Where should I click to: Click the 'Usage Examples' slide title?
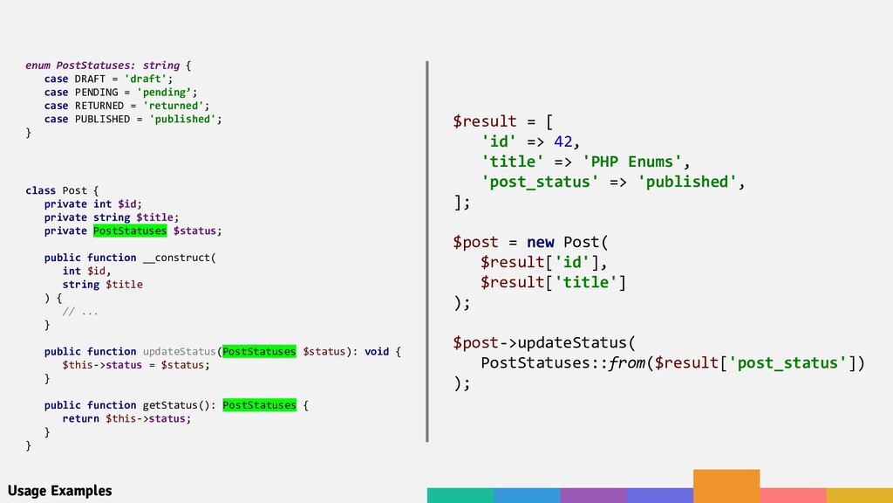click(59, 491)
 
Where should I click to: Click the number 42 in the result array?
click(563, 141)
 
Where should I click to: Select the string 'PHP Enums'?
click(632, 162)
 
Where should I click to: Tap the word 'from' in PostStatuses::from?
click(629, 362)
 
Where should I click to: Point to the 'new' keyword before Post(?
click(540, 242)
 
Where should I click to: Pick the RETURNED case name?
click(99, 106)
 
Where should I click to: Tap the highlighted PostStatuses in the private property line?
click(129, 231)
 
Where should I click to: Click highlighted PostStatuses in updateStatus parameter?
click(259, 351)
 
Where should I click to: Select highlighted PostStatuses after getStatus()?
click(259, 405)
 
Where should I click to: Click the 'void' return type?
click(377, 351)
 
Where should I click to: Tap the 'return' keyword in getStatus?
click(80, 418)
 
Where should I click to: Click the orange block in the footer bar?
click(726, 486)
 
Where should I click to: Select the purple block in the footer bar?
click(593, 495)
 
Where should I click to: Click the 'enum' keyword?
click(37, 65)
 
